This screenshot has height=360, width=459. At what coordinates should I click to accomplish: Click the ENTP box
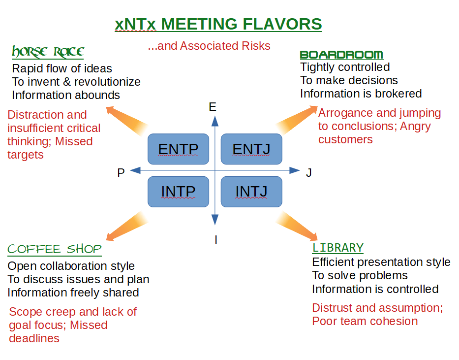tap(179, 149)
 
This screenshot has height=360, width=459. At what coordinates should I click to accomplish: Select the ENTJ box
tap(251, 149)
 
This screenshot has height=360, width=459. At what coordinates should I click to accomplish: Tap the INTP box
tap(179, 192)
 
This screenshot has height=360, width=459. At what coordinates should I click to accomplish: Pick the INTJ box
tap(251, 192)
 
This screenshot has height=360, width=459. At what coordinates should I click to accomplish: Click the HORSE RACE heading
tap(48, 52)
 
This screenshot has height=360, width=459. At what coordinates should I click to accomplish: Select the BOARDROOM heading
tap(341, 55)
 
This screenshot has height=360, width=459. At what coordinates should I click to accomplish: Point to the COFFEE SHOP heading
tap(55, 249)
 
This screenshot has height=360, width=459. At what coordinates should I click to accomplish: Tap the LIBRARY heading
tap(337, 248)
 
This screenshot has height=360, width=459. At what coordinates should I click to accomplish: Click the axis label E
tap(213, 107)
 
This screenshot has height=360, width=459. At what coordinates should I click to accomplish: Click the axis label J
tap(309, 173)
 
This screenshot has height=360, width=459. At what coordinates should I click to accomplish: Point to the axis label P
tap(121, 173)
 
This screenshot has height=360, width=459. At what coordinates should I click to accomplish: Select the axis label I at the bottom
tap(215, 240)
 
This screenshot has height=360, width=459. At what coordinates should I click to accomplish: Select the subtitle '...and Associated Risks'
tap(209, 46)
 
